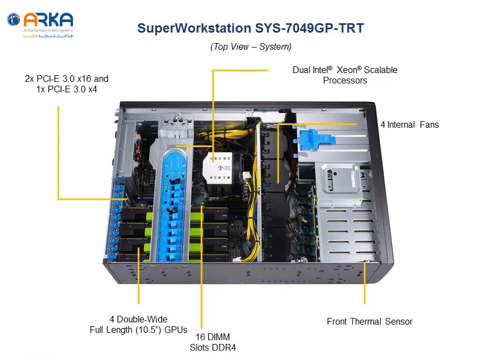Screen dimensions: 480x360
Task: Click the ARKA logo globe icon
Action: pos(13,19)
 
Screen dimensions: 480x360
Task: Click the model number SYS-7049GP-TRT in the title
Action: pos(309,28)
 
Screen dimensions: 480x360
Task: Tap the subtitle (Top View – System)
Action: pos(251,46)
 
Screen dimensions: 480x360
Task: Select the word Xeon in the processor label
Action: pos(347,70)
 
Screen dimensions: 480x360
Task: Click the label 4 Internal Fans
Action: pos(410,124)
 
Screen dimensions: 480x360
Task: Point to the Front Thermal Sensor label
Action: pos(369,321)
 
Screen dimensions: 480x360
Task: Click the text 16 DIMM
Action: pos(213,337)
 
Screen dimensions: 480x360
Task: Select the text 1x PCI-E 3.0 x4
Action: pos(67,90)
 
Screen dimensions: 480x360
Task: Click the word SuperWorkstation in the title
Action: pos(194,28)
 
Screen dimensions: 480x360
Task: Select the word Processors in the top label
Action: pos(345,81)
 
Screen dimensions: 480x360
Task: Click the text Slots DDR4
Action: pos(213,347)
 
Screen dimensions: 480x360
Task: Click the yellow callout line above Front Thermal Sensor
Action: pos(364,283)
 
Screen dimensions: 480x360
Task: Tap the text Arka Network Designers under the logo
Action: pos(48,30)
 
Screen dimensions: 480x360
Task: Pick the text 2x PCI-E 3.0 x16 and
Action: pos(66,79)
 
